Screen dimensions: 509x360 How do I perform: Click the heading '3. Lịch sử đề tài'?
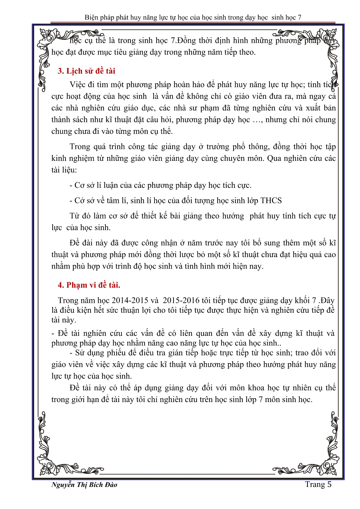pos(86,71)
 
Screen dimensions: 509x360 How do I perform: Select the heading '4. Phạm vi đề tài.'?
pos(89,285)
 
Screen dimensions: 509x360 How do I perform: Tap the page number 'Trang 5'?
pos(318,484)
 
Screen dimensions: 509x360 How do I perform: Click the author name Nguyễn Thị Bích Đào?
pos(84,485)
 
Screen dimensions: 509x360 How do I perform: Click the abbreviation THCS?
pos(271,201)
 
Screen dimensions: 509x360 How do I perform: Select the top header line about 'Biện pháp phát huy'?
pos(193,17)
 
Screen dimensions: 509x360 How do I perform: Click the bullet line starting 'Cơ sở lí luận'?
pos(160,185)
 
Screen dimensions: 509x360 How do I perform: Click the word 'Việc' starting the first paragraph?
pos(77,85)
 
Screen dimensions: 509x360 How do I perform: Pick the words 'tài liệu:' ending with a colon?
pos(64,170)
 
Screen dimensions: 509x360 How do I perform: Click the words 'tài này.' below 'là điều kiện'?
pos(64,320)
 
